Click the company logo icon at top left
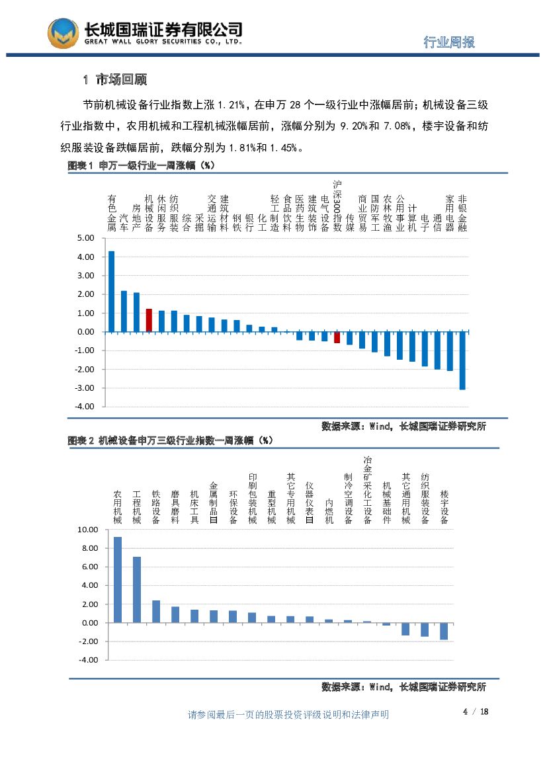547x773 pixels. pos(63,33)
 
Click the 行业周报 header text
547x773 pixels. pos(449,42)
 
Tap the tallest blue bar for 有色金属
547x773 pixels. pos(111,291)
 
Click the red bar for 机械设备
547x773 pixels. pos(149,320)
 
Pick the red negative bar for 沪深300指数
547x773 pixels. pos(337,337)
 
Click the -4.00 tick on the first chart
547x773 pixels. pos(85,407)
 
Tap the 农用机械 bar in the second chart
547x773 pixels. pos(118,579)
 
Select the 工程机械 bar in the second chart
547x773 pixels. pos(137,589)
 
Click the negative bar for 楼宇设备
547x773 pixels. pos(444,631)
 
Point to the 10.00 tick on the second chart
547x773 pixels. pos(87,530)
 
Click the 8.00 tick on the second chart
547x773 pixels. pos(89,548)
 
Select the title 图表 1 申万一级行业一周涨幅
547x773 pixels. pos(142,165)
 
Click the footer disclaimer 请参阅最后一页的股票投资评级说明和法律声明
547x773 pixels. pos(288,714)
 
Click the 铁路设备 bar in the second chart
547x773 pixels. pos(156,611)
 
